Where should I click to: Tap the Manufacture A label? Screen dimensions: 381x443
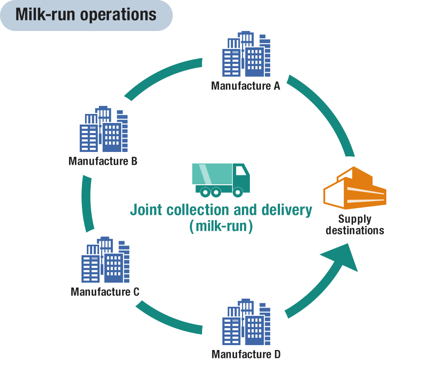pos(246,86)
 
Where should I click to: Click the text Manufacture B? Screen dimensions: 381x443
pos(103,161)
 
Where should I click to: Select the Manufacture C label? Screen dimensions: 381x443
pos(105,292)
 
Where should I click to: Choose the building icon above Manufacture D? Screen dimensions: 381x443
pos(246,322)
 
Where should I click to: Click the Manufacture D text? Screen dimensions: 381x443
pos(246,354)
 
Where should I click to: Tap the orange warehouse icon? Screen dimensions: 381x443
pos(354,188)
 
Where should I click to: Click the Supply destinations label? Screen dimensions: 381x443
pos(355,225)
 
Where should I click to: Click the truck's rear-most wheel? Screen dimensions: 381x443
pos(205,192)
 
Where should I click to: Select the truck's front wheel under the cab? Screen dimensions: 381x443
pos(238,192)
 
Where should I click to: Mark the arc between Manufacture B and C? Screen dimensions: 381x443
pos(88,204)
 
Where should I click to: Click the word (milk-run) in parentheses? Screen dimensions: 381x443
pos(221,226)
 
